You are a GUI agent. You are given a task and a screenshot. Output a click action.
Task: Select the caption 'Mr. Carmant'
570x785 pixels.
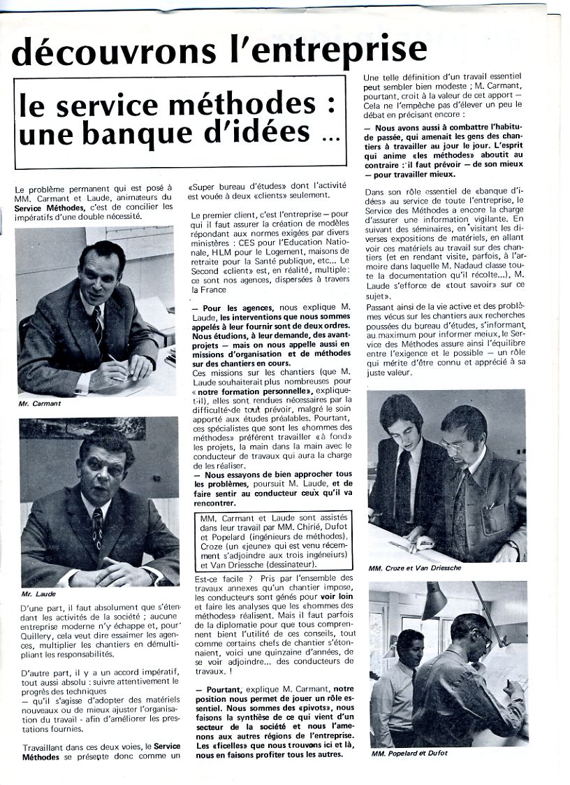pyautogui.click(x=40, y=404)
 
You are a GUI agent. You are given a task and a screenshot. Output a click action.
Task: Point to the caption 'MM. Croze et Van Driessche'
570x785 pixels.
pyautogui.click(x=415, y=568)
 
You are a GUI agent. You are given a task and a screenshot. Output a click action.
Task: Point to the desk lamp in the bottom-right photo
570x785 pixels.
pyautogui.click(x=434, y=600)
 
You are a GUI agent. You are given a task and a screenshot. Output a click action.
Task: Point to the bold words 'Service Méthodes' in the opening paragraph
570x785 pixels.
pyautogui.click(x=47, y=207)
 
